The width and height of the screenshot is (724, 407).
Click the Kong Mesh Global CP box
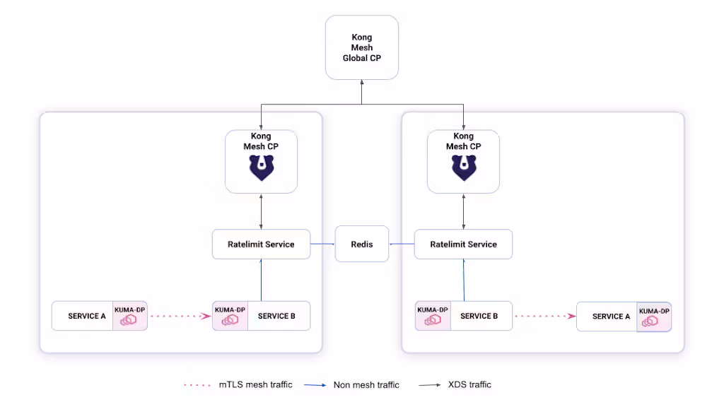[361, 47]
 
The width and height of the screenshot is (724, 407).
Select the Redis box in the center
[361, 244]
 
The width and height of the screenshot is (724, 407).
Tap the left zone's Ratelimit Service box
[261, 244]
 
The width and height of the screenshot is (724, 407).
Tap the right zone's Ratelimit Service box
[463, 244]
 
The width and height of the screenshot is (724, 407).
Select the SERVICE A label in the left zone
[87, 316]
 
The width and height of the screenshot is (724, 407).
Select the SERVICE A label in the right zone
[607, 317]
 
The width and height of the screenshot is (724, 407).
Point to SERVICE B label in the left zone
[276, 316]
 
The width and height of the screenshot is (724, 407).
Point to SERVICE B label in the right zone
[479, 316]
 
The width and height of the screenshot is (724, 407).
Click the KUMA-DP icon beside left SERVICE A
[129, 320]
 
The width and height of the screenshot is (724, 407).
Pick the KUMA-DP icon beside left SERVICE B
[230, 320]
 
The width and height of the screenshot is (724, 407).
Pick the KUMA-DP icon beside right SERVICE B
[433, 320]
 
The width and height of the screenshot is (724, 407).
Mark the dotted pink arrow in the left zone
[180, 317]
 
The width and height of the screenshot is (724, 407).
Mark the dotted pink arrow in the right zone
[544, 317]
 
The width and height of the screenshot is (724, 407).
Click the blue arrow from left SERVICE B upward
[261, 280]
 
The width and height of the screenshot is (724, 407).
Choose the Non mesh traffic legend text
[366, 385]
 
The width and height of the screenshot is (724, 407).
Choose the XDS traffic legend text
[469, 384]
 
